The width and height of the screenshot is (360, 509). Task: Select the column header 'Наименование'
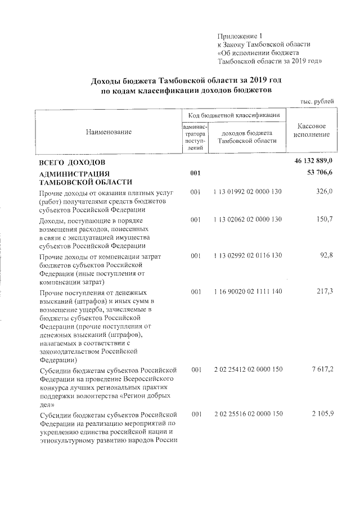tap(109, 132)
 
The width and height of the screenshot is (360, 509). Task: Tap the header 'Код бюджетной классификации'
tap(233, 115)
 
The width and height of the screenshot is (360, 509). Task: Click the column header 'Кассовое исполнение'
tap(311, 131)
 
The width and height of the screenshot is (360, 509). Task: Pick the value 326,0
tap(324, 192)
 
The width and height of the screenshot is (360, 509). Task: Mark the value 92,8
tap(326, 256)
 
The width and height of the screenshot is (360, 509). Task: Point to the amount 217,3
tap(324, 293)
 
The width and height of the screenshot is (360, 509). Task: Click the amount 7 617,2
tap(321, 370)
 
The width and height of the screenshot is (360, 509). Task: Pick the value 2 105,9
tap(321, 415)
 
